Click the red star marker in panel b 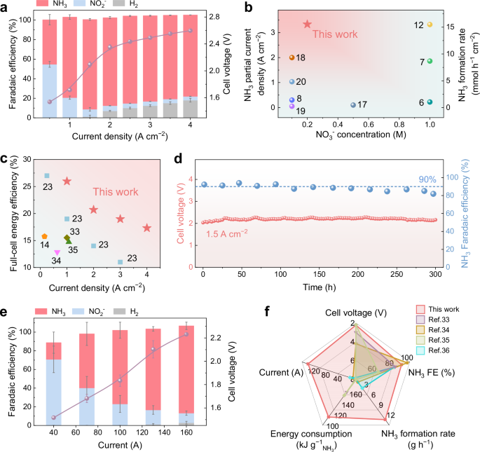[x=306, y=25]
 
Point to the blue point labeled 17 [x=353, y=105]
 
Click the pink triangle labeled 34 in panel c [x=57, y=252]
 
